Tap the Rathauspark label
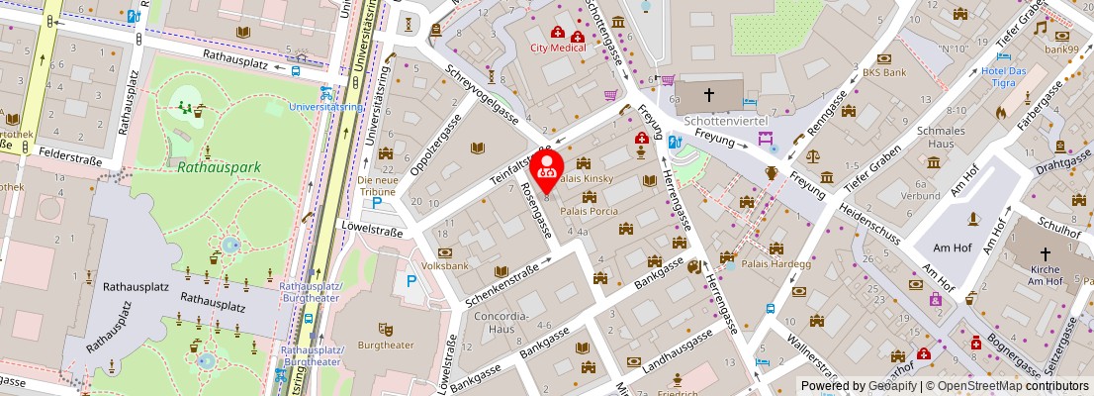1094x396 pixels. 220,167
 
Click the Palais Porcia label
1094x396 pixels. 589,210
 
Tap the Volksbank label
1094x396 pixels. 445,265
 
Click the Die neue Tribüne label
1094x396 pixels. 383,186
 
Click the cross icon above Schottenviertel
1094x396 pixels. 708,95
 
